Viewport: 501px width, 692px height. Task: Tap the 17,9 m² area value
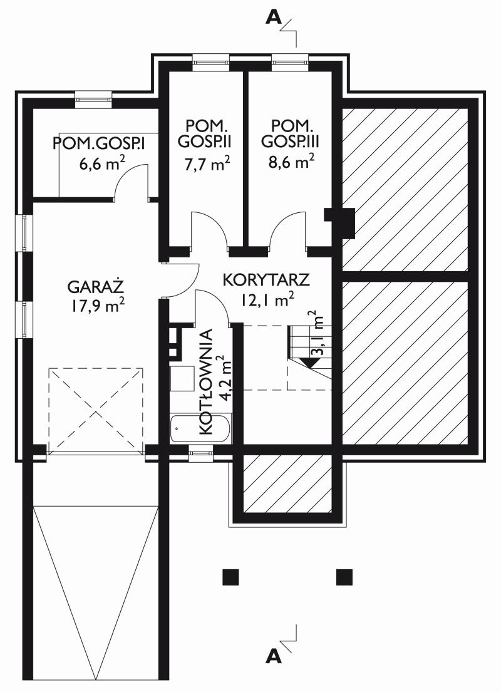97,306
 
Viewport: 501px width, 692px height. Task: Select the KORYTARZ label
266,280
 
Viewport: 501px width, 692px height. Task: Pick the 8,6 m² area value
291,162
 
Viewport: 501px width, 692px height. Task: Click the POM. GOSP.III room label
290,133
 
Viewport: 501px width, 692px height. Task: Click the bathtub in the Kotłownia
201,428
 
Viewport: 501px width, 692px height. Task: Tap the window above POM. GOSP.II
211,61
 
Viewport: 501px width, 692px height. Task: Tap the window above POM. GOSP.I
93,99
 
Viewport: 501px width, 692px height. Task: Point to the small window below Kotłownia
201,453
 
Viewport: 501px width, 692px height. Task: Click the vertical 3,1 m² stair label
319,334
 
